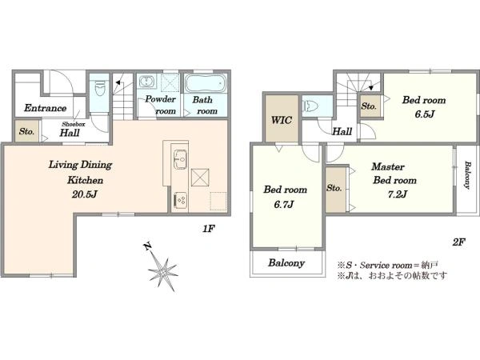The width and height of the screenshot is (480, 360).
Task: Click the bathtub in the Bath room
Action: coord(206,82)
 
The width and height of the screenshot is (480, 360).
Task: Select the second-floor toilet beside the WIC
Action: coord(308,106)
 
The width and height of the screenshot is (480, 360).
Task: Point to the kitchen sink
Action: coord(180,159)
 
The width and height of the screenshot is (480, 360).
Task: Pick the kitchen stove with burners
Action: coord(180,200)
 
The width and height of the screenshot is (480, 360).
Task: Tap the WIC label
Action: coord(281,120)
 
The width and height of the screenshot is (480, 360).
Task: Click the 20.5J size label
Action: coord(85,194)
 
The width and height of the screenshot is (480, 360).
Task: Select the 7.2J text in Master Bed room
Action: coord(397,194)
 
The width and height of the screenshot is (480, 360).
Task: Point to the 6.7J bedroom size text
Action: coord(284,204)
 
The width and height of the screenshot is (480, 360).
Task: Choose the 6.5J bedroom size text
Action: coord(425,114)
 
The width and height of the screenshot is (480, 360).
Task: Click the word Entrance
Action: coord(46,108)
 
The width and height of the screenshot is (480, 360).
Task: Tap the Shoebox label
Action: coord(73,124)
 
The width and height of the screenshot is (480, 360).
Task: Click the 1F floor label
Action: coord(209,229)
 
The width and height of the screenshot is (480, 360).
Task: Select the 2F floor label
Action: coord(458,242)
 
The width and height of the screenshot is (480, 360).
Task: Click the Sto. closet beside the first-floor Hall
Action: coord(27,131)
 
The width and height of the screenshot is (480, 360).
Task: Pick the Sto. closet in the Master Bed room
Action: coord(335,190)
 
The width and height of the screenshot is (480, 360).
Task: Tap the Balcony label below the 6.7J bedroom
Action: coord(286,263)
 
